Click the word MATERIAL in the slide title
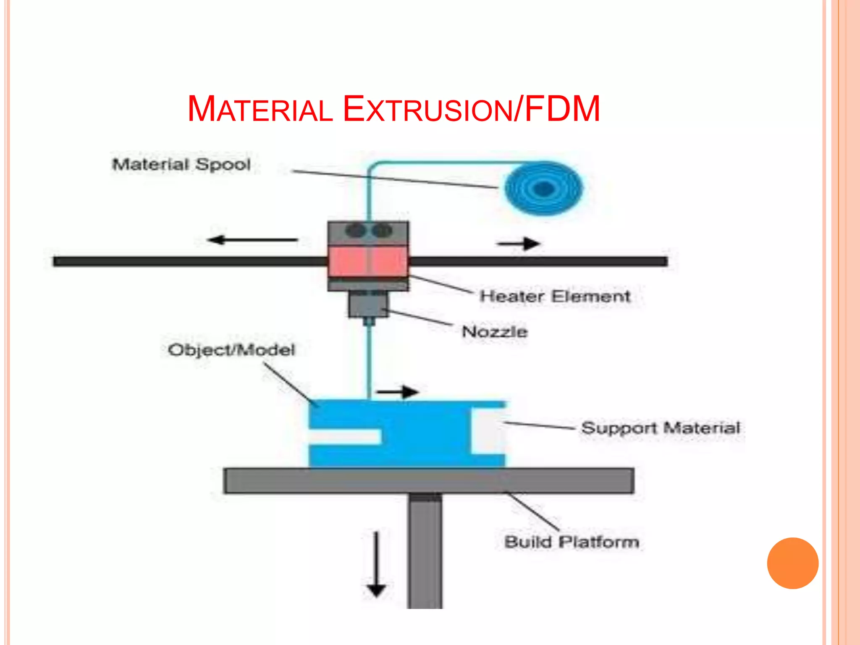(260, 110)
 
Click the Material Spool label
(181, 164)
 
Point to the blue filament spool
(544, 189)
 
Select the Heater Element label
(555, 296)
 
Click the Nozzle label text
(495, 332)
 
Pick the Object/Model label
(231, 350)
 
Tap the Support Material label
(661, 428)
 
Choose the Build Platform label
(572, 542)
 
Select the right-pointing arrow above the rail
(519, 244)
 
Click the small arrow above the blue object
(397, 392)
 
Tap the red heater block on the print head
(368, 261)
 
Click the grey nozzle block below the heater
(368, 305)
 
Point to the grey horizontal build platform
(428, 480)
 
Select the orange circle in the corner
(792, 563)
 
